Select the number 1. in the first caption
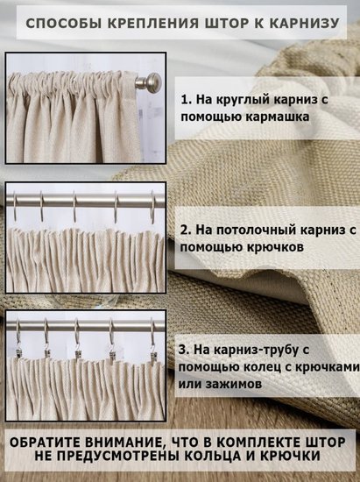tap(187, 100)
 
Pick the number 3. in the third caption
tap(184, 350)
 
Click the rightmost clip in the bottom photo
tap(153, 357)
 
